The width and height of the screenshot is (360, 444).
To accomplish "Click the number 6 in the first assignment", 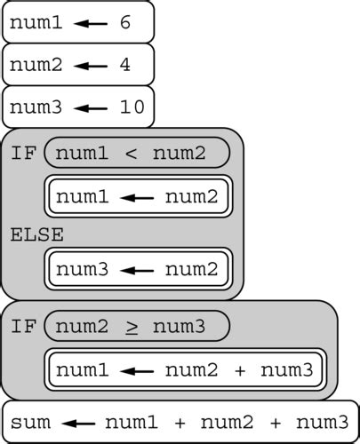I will tap(124, 22).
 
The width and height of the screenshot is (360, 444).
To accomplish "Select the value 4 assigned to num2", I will tap(124, 65).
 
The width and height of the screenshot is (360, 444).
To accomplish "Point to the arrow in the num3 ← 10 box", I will tap(91, 108).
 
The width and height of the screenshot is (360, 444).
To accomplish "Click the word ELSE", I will tap(37, 234).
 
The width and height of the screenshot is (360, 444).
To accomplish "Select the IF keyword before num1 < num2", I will tap(23, 153).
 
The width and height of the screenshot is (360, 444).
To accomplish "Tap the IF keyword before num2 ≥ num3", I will tap(23, 327).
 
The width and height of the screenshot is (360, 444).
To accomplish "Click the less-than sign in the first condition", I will tap(131, 154).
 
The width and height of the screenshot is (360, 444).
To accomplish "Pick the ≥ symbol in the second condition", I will tap(131, 328).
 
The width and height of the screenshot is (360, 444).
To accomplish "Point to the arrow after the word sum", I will tap(76, 422).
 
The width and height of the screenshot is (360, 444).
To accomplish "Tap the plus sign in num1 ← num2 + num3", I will tap(240, 369).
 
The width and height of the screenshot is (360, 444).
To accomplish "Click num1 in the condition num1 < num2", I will tap(82, 153).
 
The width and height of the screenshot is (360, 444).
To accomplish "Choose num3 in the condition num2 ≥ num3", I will tap(180, 327).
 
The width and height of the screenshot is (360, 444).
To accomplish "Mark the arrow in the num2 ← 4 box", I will tap(91, 66).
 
